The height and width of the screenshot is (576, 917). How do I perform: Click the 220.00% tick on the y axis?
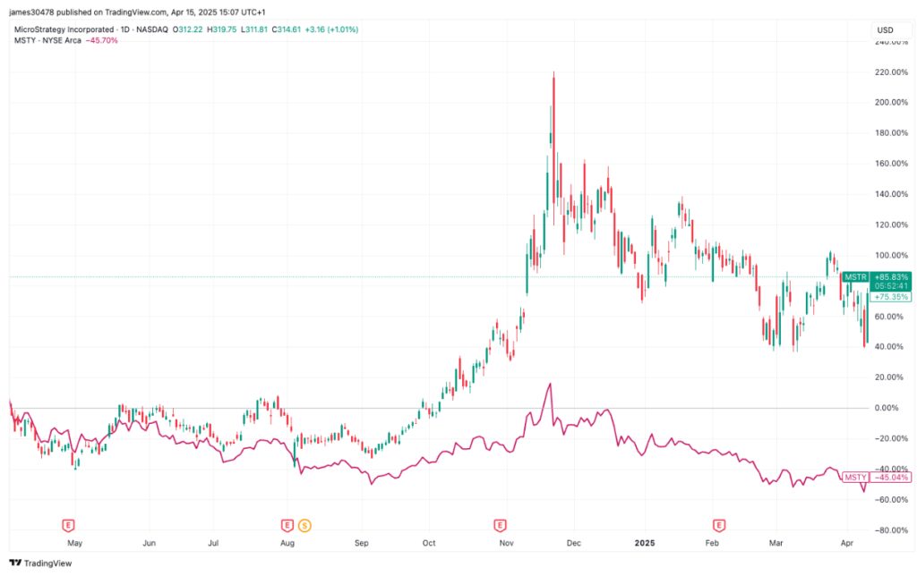891,72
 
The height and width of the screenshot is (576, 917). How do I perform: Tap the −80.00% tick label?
891,530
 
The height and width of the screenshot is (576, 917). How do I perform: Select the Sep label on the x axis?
362,543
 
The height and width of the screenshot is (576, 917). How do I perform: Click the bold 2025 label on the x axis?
645,543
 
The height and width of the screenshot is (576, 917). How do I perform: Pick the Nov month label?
507,543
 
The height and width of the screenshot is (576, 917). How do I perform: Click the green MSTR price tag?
855,277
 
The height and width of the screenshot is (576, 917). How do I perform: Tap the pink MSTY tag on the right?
855,478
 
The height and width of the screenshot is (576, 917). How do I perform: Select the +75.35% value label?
891,297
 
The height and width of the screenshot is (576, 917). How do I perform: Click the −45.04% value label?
891,478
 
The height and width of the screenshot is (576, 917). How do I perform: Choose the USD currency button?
885,30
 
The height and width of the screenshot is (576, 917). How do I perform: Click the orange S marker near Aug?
304,526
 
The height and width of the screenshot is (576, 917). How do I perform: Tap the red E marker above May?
68,526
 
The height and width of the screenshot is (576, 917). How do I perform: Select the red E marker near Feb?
719,526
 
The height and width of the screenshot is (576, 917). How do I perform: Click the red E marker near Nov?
500,526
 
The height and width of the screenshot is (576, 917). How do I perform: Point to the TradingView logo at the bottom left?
40,563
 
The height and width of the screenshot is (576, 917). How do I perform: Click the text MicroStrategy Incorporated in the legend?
64,30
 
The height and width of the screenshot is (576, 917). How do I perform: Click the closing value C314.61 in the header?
286,30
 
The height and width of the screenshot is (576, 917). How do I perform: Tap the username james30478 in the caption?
31,12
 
